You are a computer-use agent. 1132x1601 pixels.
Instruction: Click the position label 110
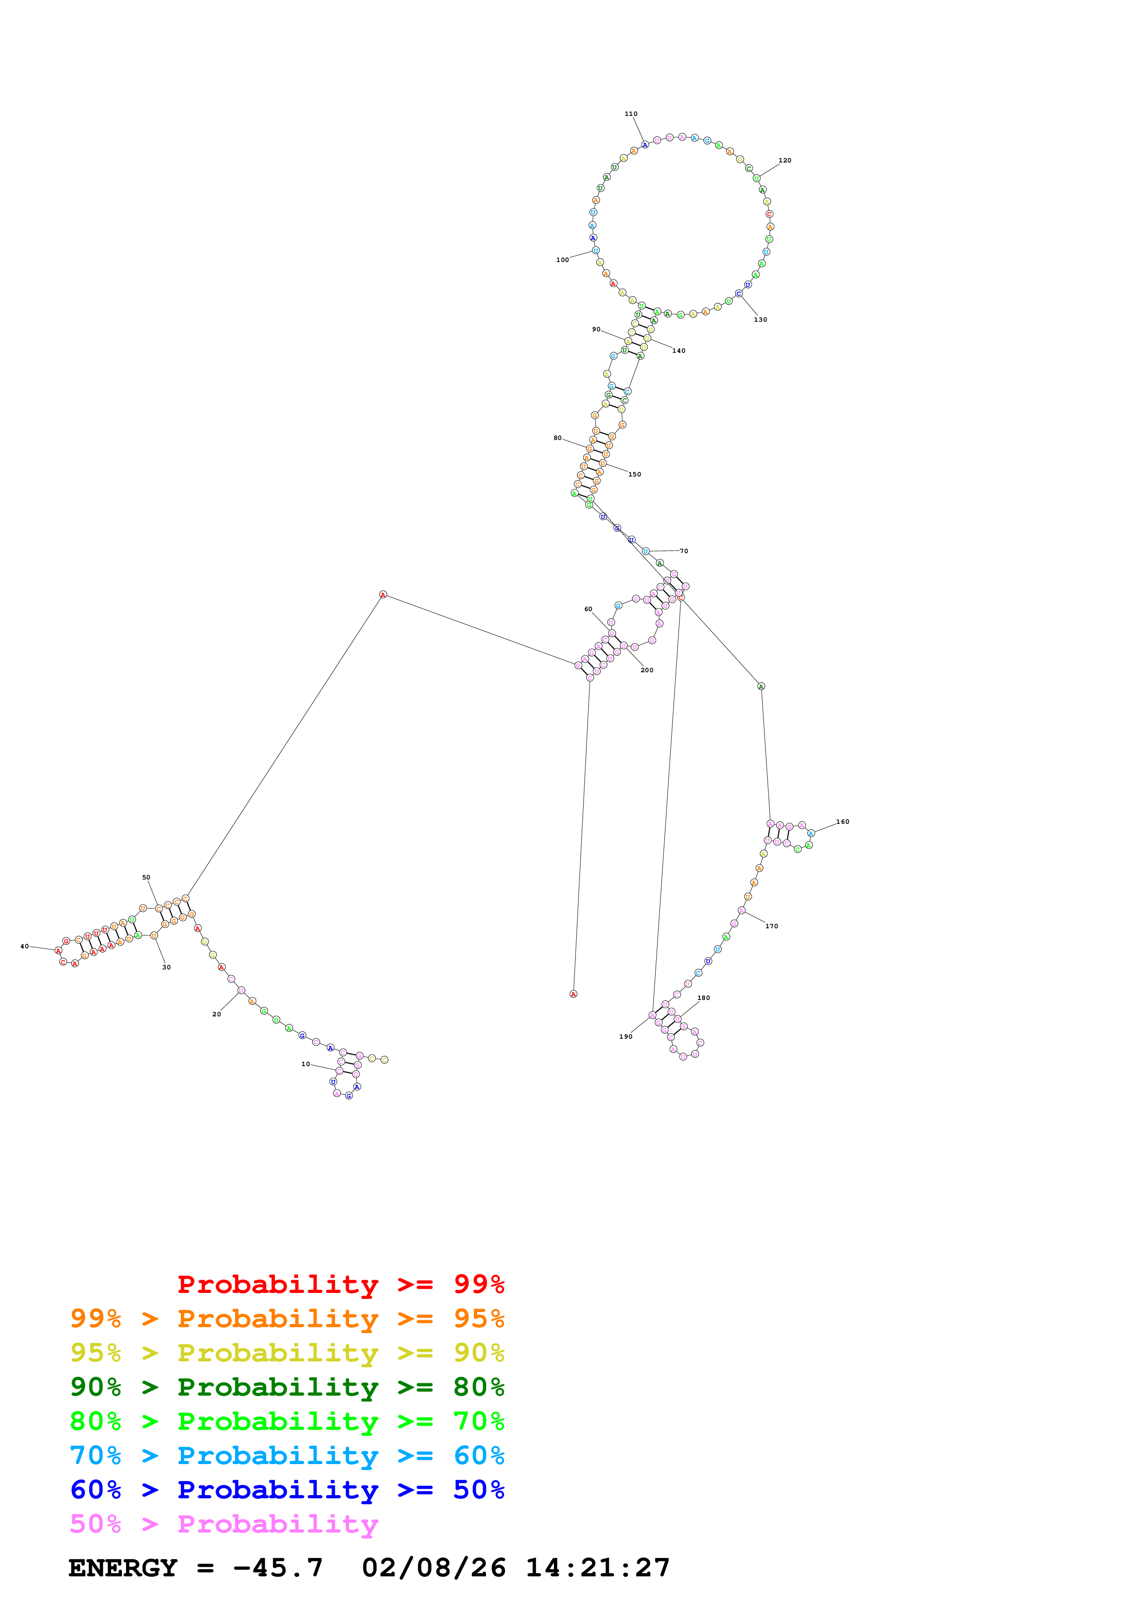point(631,114)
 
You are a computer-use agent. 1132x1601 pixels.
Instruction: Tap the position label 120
point(785,160)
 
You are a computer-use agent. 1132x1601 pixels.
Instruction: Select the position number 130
point(760,320)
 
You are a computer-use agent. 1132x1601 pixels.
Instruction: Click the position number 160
point(842,822)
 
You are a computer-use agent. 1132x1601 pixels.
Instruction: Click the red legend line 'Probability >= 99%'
point(340,1284)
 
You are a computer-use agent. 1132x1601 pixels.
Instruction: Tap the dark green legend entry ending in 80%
point(287,1387)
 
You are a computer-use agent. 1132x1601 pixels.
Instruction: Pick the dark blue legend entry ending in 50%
point(287,1490)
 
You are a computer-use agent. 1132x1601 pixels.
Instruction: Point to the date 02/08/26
point(433,1568)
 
